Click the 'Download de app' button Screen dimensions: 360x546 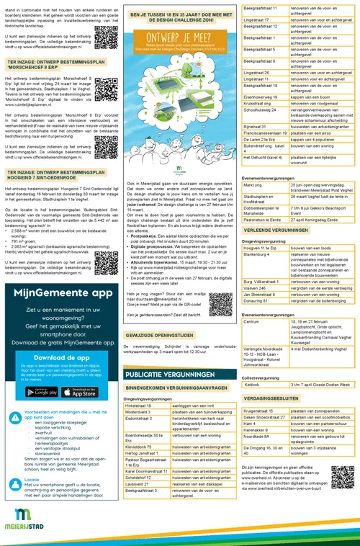pyautogui.click(x=60, y=377)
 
